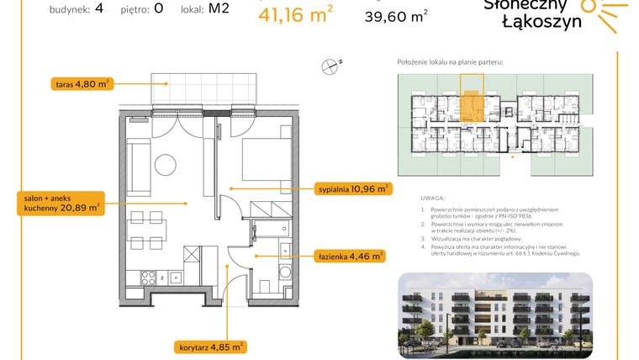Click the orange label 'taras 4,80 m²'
[x=81, y=83]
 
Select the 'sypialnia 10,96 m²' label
[x=352, y=189]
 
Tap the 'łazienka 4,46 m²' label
[x=350, y=256]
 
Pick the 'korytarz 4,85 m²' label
[x=210, y=346]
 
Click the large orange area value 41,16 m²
[x=296, y=14]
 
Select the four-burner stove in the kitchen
[x=152, y=277]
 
